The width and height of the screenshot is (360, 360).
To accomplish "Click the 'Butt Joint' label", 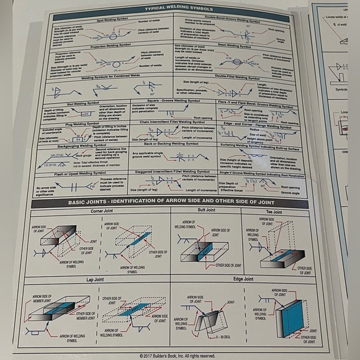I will coord(205,210).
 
